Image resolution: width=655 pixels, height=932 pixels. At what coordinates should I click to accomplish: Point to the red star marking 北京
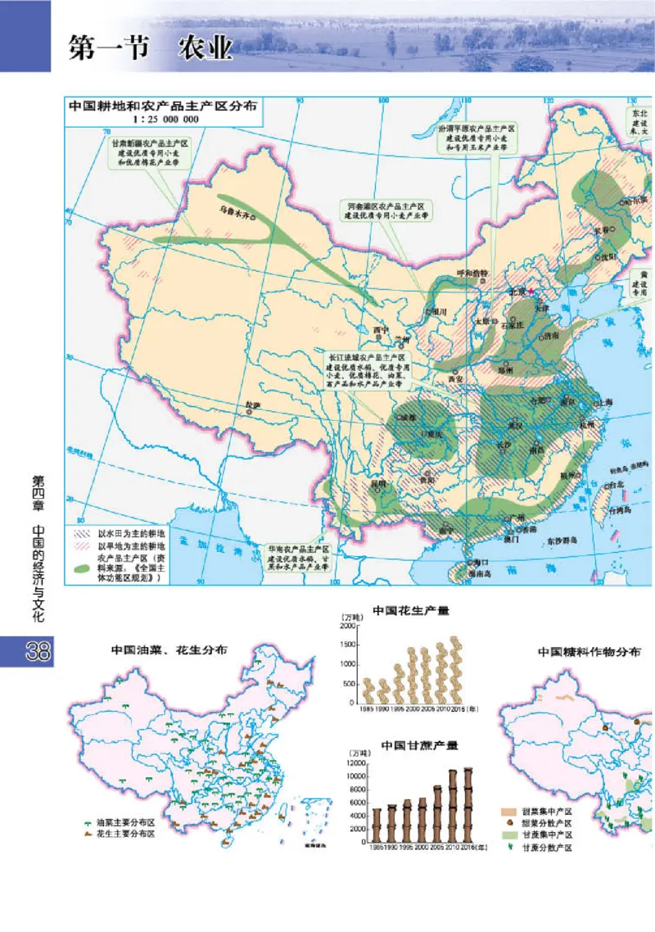tap(530, 291)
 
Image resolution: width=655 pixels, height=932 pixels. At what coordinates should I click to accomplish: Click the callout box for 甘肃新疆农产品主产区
tap(151, 153)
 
